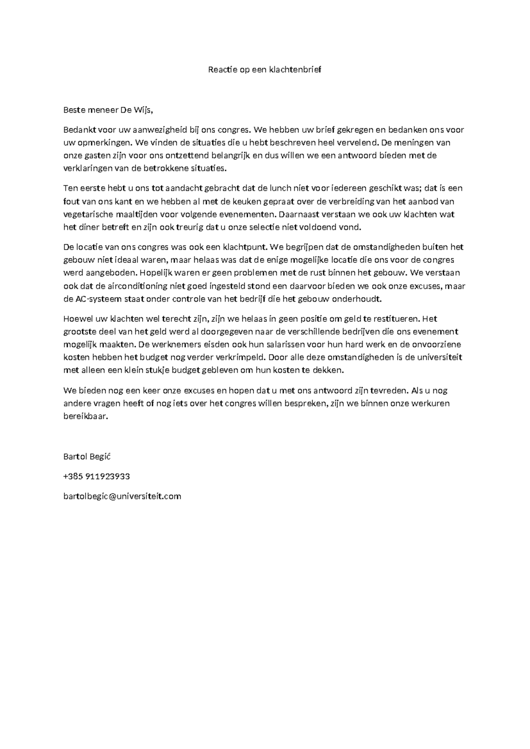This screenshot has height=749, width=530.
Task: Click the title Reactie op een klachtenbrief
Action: point(265,70)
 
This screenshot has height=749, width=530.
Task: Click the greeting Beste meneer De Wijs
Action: point(108,110)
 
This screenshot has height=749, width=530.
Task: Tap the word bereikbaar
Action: point(86,416)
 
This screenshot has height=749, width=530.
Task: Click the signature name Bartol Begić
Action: point(87,457)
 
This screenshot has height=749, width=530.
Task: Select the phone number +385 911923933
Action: point(97,477)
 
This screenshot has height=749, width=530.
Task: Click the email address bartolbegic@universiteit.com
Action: point(122,496)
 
